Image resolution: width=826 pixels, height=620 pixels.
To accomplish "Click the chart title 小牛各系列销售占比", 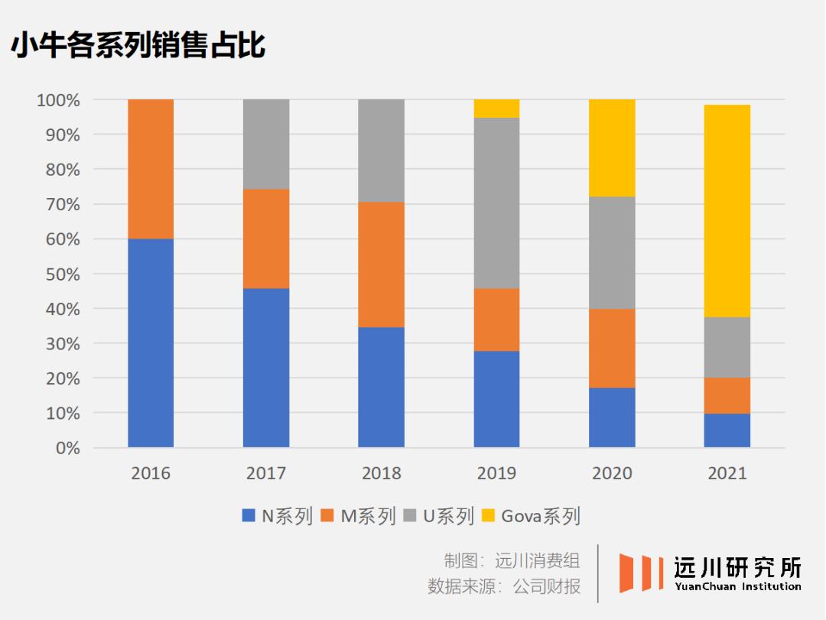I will (x=138, y=45).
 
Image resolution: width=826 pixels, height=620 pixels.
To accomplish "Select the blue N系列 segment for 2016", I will (x=151, y=343).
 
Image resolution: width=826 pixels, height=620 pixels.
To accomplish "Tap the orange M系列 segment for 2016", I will (x=151, y=169).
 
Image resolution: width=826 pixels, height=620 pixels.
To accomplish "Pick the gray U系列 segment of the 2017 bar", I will (x=266, y=144).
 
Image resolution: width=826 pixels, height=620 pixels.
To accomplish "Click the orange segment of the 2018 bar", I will (x=381, y=265).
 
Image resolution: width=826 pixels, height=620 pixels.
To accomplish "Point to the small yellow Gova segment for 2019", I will (x=496, y=109).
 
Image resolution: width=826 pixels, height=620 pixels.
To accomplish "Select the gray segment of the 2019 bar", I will (x=496, y=203).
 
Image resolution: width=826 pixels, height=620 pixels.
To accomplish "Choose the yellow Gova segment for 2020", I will (x=612, y=148).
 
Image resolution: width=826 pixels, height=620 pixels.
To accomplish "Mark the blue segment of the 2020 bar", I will (x=612, y=417).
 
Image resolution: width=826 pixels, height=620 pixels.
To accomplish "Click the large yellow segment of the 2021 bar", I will (x=727, y=211).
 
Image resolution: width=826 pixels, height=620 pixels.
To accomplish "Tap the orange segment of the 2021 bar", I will (x=727, y=395).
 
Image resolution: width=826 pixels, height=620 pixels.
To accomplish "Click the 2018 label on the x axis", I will (x=381, y=473).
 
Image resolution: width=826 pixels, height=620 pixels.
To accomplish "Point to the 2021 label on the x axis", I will (x=727, y=473).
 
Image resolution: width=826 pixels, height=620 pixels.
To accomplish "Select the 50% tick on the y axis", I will (x=58, y=274).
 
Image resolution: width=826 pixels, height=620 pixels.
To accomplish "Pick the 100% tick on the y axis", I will (x=55, y=100).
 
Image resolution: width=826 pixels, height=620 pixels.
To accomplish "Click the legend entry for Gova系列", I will (x=531, y=516).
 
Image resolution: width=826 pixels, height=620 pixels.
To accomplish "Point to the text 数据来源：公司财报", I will (x=503, y=586).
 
